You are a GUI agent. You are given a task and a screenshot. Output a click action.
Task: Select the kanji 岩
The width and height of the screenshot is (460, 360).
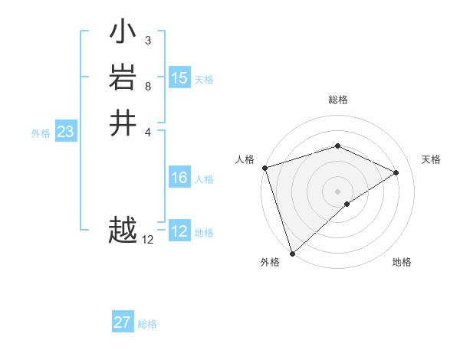(x=123, y=77)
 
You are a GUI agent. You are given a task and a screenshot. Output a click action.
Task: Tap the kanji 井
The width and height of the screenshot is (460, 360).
(x=123, y=123)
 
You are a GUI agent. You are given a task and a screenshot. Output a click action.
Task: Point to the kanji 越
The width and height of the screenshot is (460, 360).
(x=123, y=230)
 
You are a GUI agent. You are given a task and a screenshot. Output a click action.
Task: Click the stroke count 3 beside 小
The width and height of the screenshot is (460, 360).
(x=147, y=40)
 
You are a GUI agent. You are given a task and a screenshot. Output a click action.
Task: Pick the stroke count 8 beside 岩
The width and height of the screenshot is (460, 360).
(x=147, y=86)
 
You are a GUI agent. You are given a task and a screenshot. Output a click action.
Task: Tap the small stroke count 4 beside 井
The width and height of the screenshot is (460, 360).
(x=147, y=131)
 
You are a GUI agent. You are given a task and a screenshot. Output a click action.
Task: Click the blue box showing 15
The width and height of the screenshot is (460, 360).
(x=179, y=78)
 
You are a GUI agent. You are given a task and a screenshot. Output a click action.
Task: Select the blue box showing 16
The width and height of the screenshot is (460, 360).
(x=179, y=178)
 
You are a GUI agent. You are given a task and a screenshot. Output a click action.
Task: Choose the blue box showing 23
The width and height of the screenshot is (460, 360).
(x=66, y=132)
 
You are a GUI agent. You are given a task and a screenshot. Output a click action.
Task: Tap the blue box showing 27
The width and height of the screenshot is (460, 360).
(x=123, y=322)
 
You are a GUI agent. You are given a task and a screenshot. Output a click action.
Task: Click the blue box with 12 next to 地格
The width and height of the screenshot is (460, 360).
(x=179, y=231)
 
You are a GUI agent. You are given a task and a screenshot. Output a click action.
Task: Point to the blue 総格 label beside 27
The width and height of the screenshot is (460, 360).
(x=147, y=324)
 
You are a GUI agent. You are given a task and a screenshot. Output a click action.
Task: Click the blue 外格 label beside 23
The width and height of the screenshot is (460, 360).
(x=41, y=133)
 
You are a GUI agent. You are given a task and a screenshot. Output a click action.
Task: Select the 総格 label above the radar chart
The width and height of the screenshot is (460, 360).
(x=337, y=100)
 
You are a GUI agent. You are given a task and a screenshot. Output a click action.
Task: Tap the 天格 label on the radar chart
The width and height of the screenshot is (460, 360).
(x=431, y=159)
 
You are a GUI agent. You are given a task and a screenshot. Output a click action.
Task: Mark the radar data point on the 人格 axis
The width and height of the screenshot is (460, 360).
(x=264, y=167)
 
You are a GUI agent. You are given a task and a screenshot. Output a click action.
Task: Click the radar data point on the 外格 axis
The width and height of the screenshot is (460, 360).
(x=292, y=252)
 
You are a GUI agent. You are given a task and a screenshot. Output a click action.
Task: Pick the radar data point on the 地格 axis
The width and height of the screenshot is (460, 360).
(x=347, y=204)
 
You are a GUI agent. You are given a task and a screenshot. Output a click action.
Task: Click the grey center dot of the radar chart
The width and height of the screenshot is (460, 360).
(x=337, y=191)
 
